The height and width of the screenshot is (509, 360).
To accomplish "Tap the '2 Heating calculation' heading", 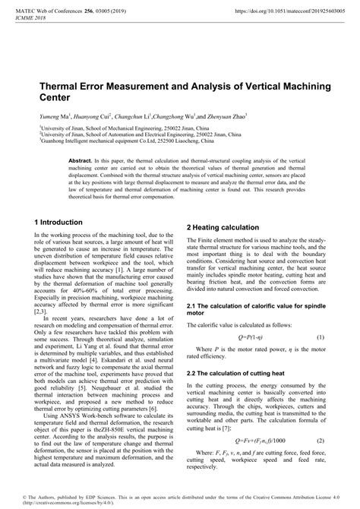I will pos(223,228).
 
